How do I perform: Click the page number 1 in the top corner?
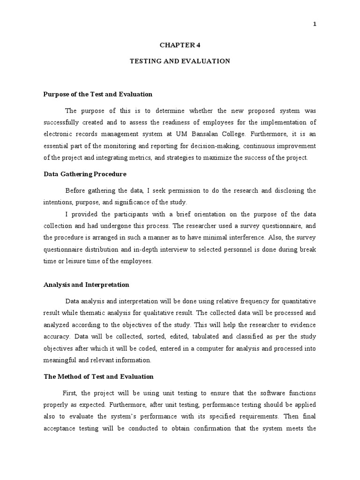click(315, 25)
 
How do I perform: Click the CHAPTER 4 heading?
click(180, 45)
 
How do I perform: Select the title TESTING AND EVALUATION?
click(180, 61)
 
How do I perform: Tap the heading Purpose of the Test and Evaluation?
click(98, 94)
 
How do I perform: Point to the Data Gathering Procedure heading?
click(85, 174)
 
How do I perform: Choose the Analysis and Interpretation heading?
click(86, 285)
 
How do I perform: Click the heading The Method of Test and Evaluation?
click(98, 376)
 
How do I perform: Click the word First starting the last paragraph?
click(70, 393)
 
